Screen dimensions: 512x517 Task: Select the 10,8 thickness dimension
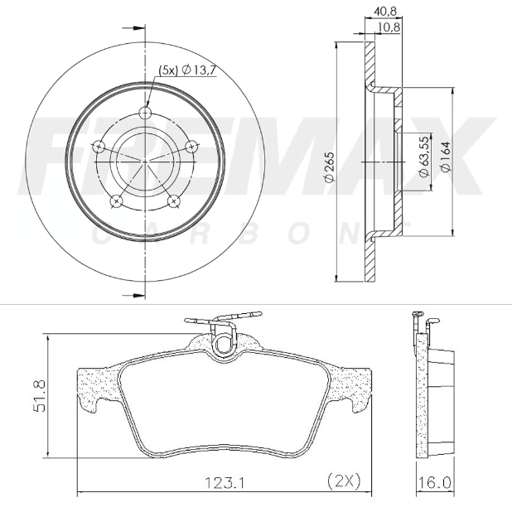[x=390, y=27]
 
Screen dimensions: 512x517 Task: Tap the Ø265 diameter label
[x=329, y=167]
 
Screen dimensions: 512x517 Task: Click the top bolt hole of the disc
[x=147, y=114]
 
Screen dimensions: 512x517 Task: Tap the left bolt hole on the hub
[x=100, y=147]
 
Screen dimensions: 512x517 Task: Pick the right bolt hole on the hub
[x=193, y=147]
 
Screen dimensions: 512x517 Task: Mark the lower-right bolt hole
[x=175, y=200]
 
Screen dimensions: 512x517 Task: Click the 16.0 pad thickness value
[x=437, y=481]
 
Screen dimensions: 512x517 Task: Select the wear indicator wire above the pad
[x=224, y=317]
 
